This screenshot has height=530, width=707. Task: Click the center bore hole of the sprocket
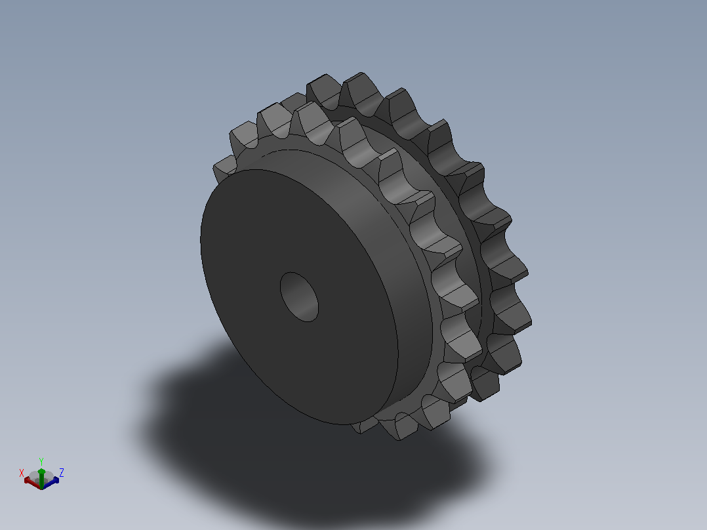(x=299, y=296)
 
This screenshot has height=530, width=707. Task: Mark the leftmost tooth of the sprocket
(x=224, y=168)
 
